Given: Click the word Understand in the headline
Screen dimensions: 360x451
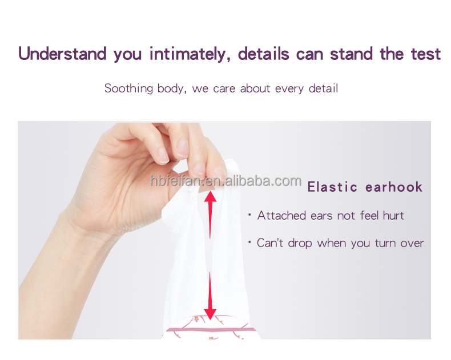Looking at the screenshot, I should (x=62, y=54).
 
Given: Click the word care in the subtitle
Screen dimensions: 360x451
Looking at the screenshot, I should (x=224, y=89).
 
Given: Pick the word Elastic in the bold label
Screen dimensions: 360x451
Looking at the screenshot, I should (x=332, y=187).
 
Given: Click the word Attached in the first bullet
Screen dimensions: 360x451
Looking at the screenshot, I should (x=281, y=216).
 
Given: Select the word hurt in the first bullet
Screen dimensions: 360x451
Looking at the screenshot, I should (x=393, y=216).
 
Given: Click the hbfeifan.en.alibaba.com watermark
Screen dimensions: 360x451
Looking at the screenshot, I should (x=226, y=181).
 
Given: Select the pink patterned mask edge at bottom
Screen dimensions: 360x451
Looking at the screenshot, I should (x=208, y=331).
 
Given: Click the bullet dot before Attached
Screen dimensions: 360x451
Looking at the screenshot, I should (x=249, y=216).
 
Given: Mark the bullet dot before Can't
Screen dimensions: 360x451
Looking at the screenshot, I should (x=249, y=242).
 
